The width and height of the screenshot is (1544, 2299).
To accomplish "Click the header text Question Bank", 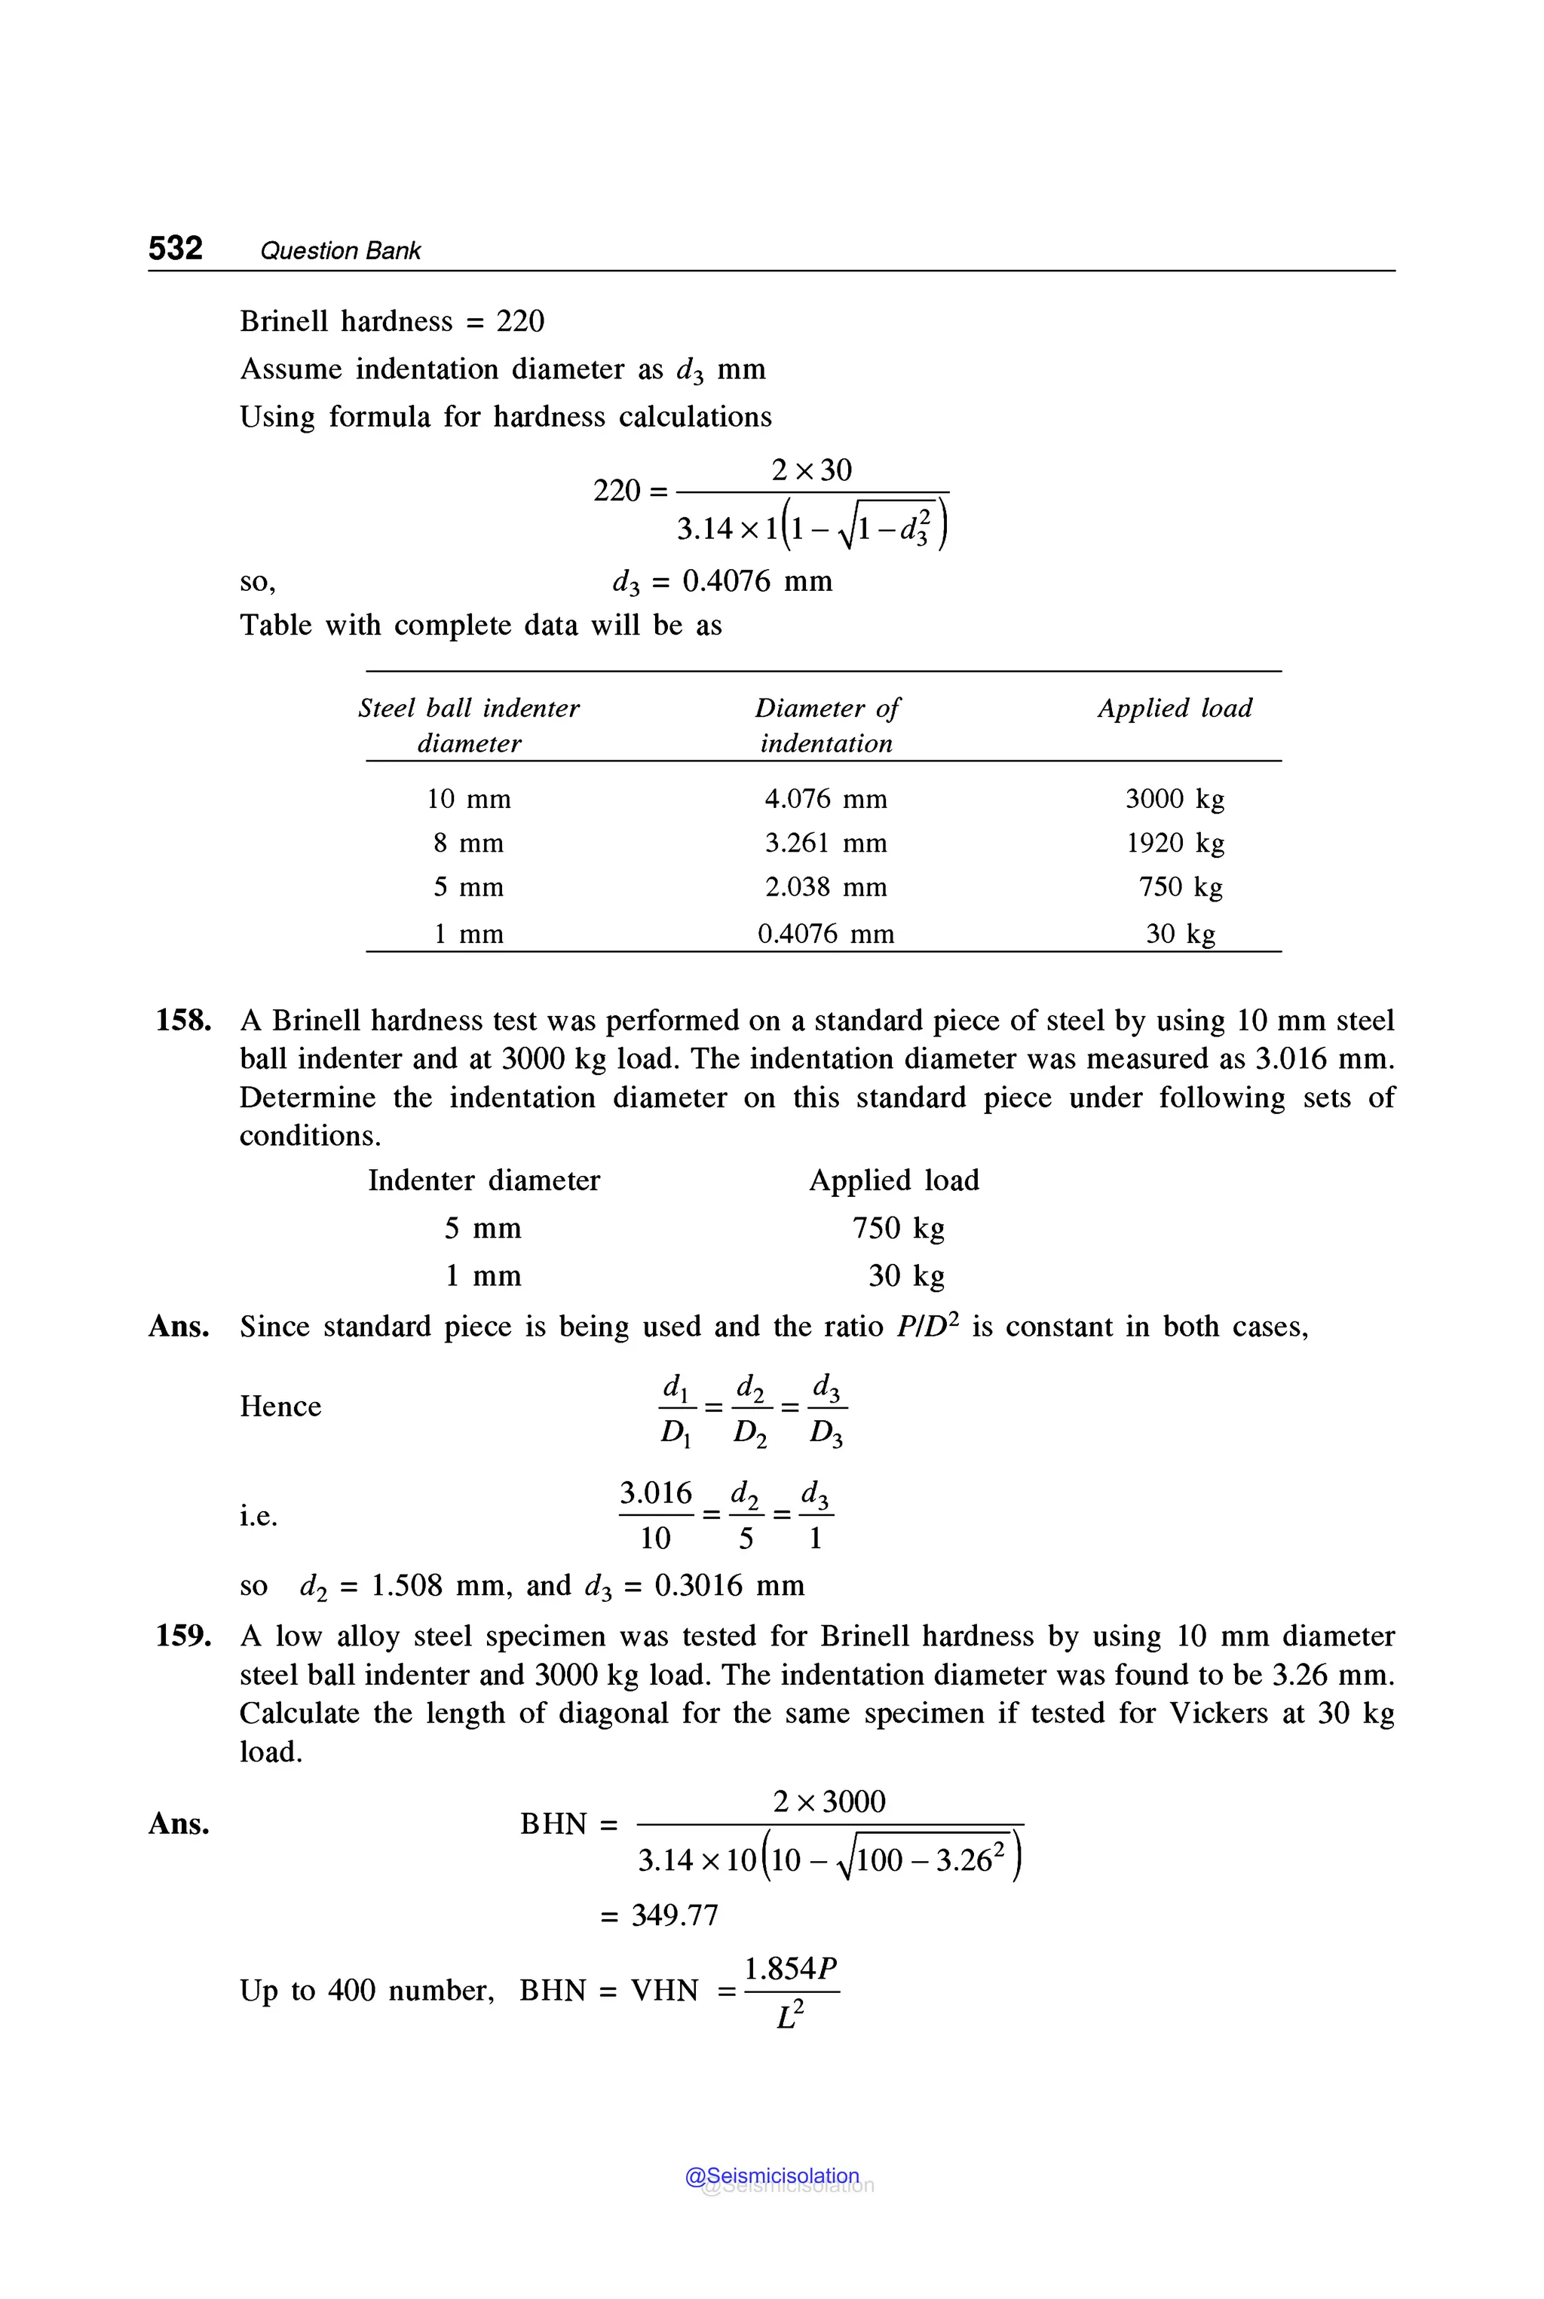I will [340, 251].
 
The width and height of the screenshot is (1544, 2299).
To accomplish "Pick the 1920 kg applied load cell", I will [1175, 843].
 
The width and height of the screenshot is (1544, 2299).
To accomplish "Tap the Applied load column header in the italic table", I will [1175, 708].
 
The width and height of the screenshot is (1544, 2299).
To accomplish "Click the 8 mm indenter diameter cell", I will [469, 843].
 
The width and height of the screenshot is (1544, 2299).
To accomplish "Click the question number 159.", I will [183, 1636].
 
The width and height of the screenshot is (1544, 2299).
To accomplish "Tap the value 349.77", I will [675, 1915].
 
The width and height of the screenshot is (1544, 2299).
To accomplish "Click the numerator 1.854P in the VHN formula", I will [790, 1968].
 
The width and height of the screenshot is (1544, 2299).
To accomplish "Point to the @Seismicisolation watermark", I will [772, 2176].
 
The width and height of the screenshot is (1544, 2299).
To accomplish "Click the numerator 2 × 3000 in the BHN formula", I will [829, 1802].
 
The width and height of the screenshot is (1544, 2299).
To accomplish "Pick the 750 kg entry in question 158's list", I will [897, 1228].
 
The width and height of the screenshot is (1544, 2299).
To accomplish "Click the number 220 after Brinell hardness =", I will [520, 321].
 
